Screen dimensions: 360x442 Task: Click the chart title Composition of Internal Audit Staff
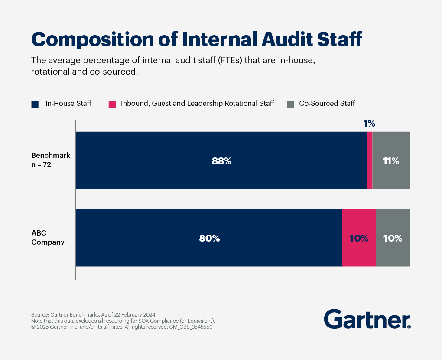pyautogui.click(x=196, y=39)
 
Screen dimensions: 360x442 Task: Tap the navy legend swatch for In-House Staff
pyautogui.click(x=35, y=104)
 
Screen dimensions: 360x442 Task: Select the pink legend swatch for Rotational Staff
pyautogui.click(x=112, y=104)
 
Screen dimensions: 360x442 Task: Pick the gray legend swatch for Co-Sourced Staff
pyautogui.click(x=291, y=104)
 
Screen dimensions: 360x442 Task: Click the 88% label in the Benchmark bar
pyautogui.click(x=221, y=161)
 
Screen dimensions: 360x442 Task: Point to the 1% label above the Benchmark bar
pyautogui.click(x=369, y=124)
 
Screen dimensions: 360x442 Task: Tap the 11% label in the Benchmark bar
pyautogui.click(x=391, y=161)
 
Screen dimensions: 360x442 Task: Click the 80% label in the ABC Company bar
pyautogui.click(x=209, y=238)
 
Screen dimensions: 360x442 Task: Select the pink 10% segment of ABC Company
pyautogui.click(x=359, y=238)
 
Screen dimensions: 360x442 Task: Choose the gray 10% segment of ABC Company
pyautogui.click(x=393, y=238)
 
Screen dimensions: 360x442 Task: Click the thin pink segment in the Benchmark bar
pyautogui.click(x=370, y=160)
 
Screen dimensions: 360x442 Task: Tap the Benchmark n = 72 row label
pyautogui.click(x=51, y=160)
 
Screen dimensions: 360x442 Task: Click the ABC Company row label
pyautogui.click(x=48, y=238)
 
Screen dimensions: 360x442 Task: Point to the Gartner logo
pyautogui.click(x=367, y=319)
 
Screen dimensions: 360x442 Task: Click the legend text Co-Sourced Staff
pyautogui.click(x=327, y=104)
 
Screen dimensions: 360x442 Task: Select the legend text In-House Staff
pyautogui.click(x=68, y=104)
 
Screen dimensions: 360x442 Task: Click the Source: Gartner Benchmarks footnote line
pyautogui.click(x=94, y=314)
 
